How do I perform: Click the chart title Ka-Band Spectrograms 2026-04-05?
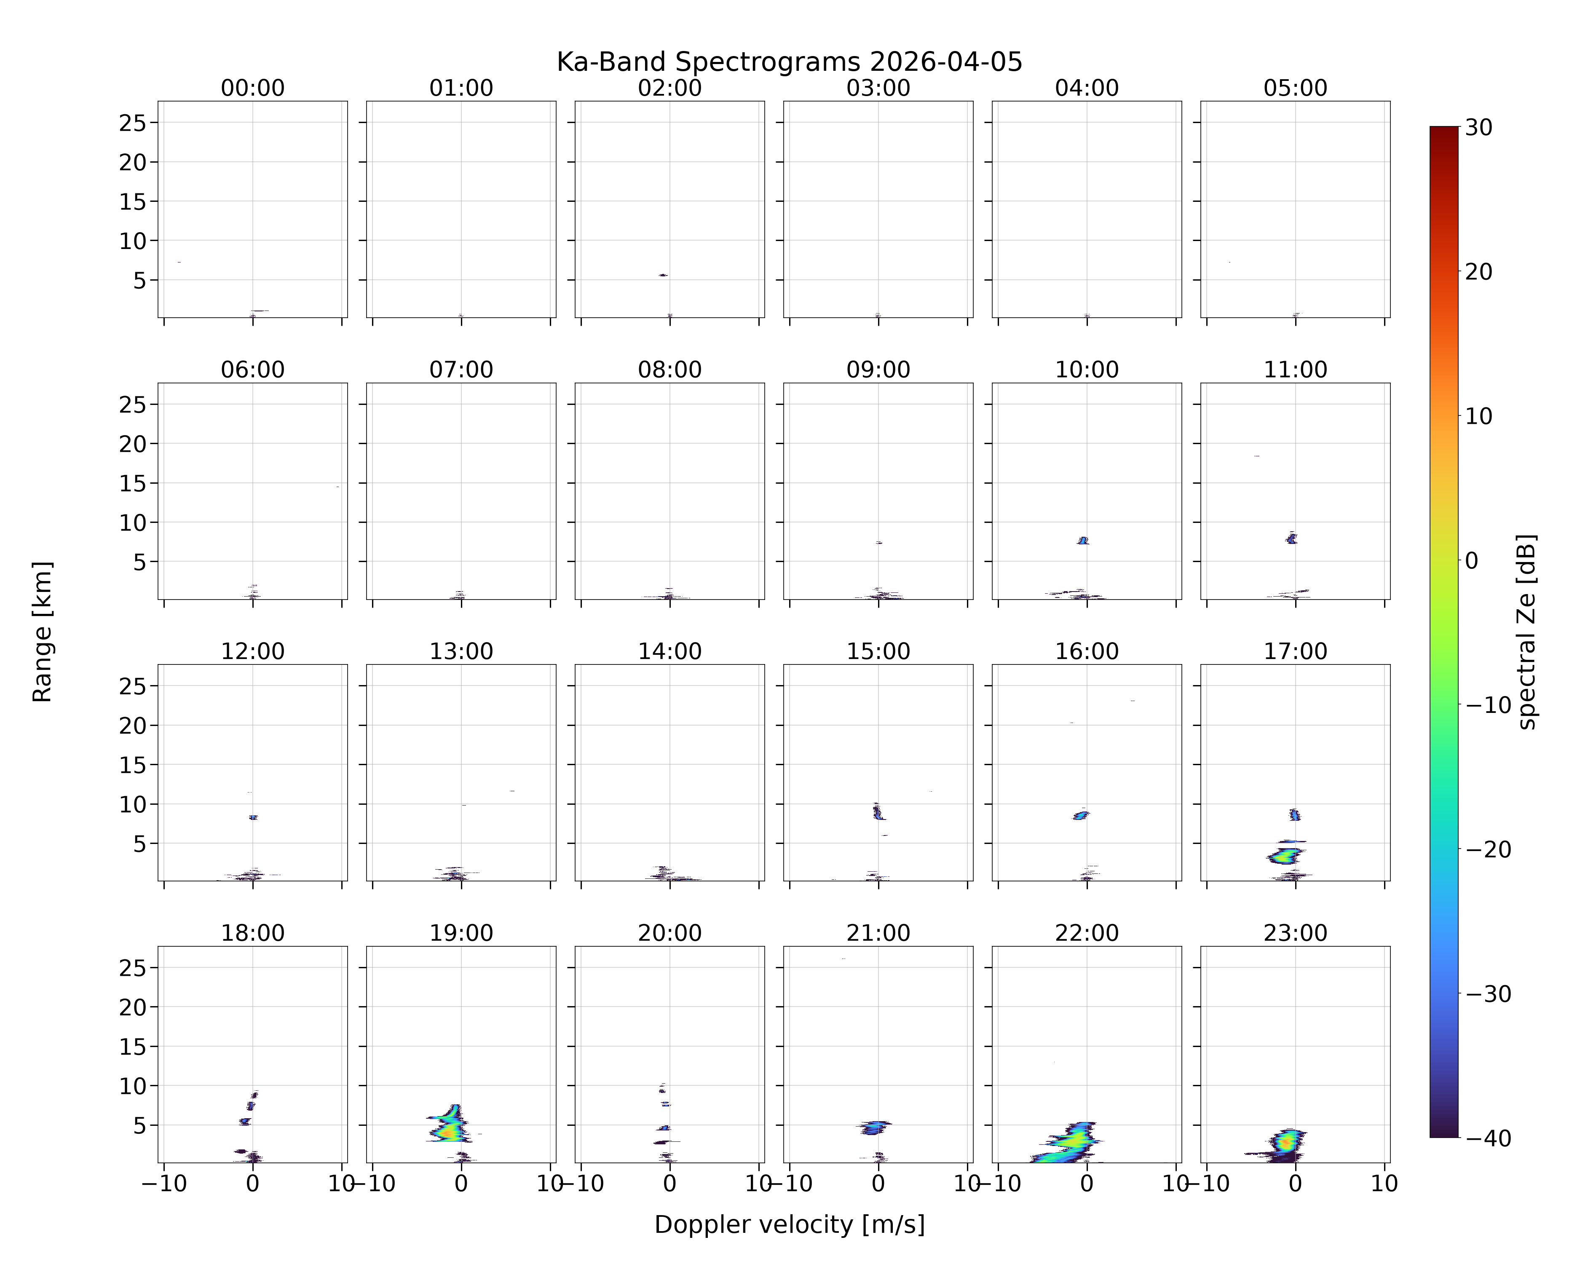point(789,62)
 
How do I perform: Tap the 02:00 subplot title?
point(670,88)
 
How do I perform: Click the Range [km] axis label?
point(43,632)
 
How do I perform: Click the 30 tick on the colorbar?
point(1479,128)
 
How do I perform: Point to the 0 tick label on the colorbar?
point(1472,560)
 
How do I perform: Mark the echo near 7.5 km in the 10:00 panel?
point(1083,541)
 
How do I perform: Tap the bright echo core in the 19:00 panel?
point(448,1130)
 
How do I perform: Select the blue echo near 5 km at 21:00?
point(873,1127)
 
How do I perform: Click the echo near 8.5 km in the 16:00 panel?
point(1081,815)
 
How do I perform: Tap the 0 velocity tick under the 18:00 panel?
point(253,1184)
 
